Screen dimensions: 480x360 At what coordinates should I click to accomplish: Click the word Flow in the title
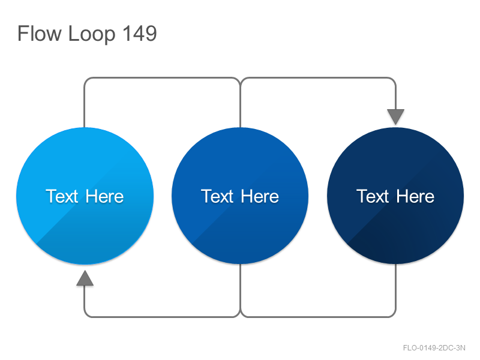tap(39, 34)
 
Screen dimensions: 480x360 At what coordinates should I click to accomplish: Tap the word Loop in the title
tap(92, 35)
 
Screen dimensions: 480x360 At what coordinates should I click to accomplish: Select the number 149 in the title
tap(140, 34)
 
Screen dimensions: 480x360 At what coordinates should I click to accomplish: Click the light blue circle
tap(85, 196)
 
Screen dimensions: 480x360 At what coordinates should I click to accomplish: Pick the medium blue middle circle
tap(240, 196)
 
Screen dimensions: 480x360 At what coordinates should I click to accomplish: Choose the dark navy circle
tap(395, 196)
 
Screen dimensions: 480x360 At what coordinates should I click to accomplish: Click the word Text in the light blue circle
tap(62, 196)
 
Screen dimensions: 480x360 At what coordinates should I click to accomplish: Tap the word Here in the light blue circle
tap(104, 196)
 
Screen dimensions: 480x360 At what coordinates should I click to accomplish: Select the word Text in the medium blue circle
tap(217, 196)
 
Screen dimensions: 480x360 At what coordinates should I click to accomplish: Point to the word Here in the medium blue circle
tap(260, 196)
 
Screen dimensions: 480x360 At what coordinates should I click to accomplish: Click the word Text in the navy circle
tap(373, 196)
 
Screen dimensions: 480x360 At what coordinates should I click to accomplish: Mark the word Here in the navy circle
tap(415, 196)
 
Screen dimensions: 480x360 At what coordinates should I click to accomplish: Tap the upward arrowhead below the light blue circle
tap(85, 278)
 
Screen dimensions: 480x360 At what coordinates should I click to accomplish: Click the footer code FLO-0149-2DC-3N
tap(434, 348)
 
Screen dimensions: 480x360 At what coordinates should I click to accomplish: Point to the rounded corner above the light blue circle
tap(86, 80)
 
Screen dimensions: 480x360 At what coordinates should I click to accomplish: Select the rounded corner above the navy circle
tap(394, 80)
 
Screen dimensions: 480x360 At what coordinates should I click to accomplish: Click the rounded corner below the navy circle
tap(394, 315)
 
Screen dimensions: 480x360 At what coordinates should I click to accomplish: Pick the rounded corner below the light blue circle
tap(86, 315)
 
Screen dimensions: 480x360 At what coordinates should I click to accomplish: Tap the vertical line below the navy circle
tap(396, 287)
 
